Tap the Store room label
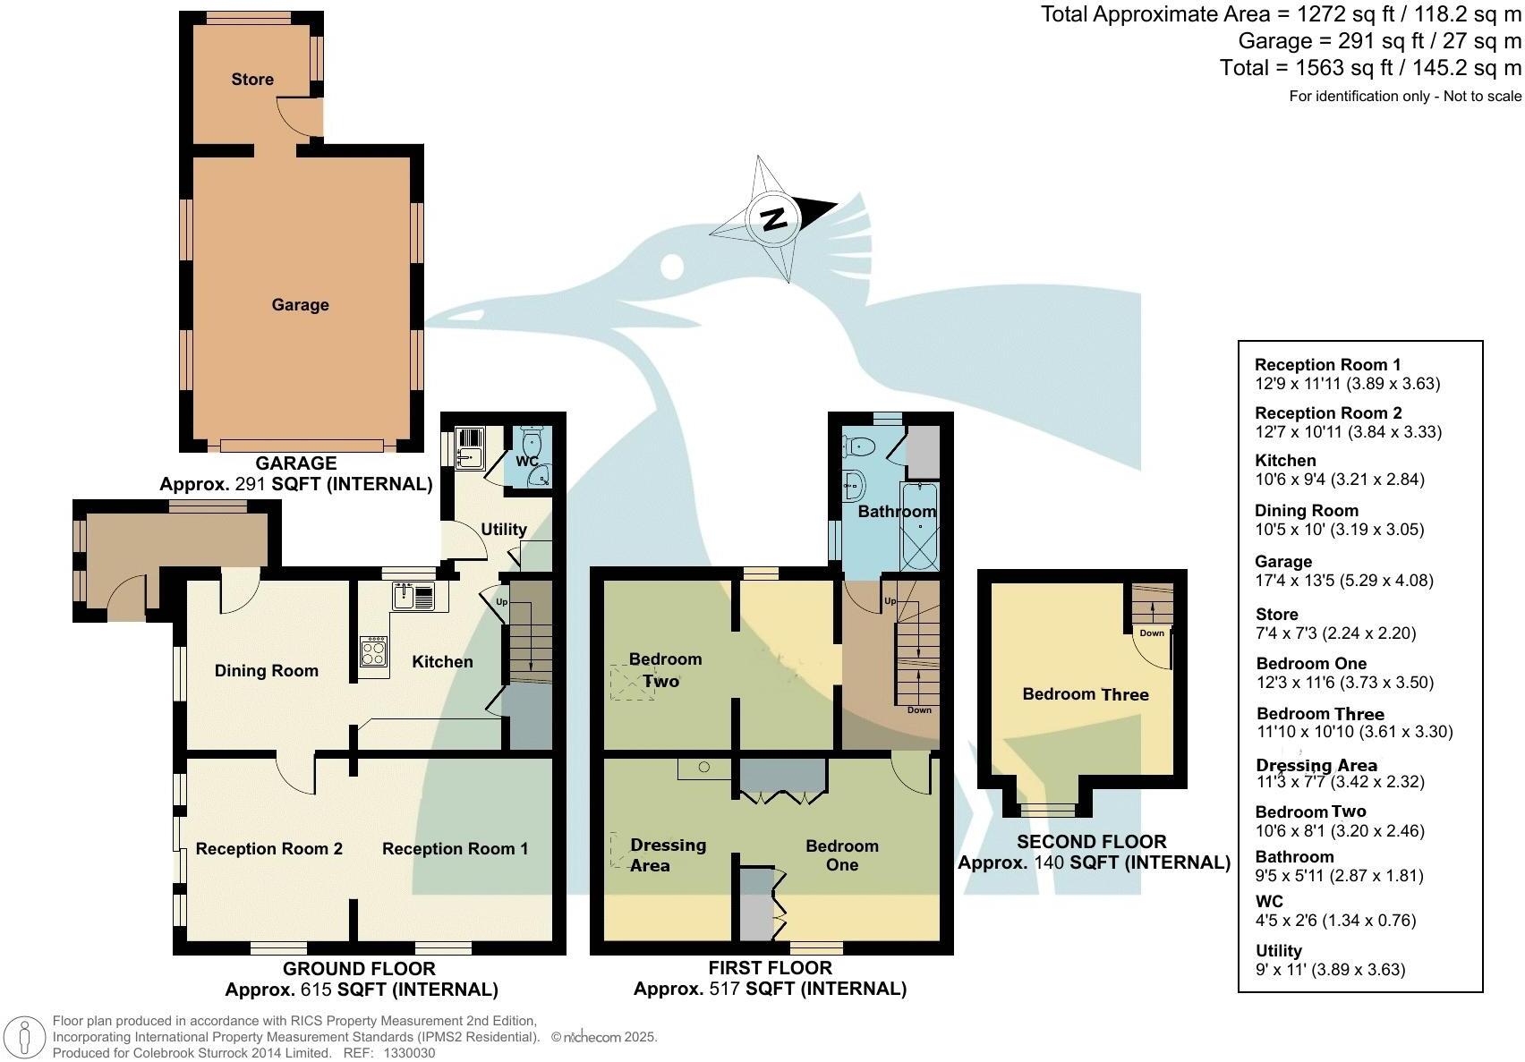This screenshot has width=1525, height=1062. click(x=252, y=80)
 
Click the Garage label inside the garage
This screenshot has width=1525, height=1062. click(x=300, y=305)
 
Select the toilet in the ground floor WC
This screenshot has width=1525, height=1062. click(x=533, y=442)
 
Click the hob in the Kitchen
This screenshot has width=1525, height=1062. click(x=374, y=650)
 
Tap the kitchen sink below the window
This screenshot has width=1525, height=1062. click(x=413, y=596)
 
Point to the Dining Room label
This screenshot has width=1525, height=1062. click(x=266, y=671)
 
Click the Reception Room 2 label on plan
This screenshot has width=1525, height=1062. click(x=268, y=849)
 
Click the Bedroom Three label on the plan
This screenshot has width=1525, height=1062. click(x=1085, y=694)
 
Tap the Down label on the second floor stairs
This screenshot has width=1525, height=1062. click(x=1152, y=633)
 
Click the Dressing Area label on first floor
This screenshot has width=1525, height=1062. click(x=667, y=855)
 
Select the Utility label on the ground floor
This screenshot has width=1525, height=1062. click(x=503, y=530)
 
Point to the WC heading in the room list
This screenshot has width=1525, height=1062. click(x=1268, y=902)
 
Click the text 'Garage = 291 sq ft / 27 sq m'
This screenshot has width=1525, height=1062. click(x=1379, y=41)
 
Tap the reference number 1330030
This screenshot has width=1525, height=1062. click(x=409, y=1053)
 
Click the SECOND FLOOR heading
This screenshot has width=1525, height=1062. click(x=1091, y=842)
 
